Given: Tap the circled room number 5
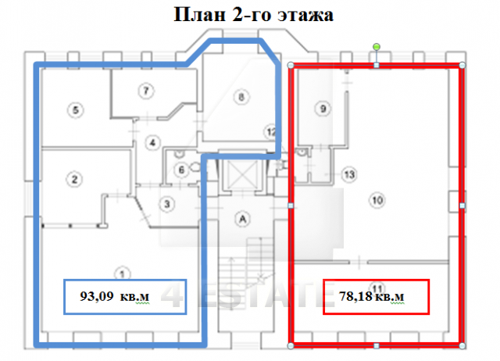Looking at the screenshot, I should point(75,110).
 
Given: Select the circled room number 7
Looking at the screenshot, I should point(145,91).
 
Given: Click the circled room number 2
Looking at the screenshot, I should point(75,180).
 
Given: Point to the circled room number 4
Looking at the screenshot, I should point(153,141).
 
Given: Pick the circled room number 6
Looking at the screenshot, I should point(180,170).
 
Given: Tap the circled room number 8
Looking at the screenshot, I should point(241,97).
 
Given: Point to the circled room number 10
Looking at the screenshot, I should point(377,201).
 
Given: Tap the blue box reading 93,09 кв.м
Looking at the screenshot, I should point(124,296).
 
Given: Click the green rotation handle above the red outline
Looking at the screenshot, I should point(377,48).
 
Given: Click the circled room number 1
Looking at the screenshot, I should point(121,273).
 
